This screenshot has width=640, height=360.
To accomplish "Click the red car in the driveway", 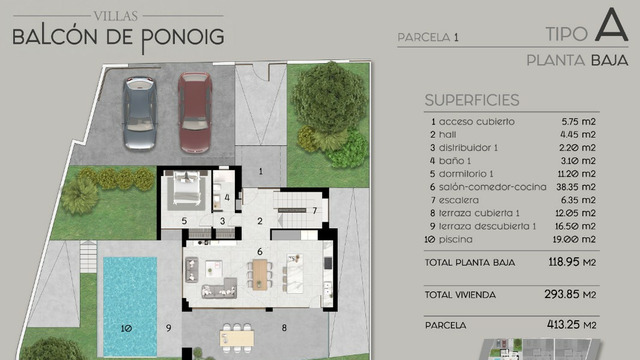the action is tap(195, 113).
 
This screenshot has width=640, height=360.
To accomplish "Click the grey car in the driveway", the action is tap(140, 113).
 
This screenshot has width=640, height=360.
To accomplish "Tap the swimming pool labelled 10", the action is tap(130, 306).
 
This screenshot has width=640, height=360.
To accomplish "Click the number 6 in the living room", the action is tap(260, 251).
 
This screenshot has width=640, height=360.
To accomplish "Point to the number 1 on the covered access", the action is tap(261, 171).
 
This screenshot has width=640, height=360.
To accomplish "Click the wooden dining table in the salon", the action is tap(260, 275).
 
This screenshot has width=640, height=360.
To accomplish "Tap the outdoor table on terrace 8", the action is tap(237, 338).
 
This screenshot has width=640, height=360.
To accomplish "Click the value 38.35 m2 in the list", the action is tap(576, 187).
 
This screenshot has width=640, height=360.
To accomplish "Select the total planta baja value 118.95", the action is tap(564, 262).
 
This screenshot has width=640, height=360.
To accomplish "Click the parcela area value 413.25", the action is tap(563, 324).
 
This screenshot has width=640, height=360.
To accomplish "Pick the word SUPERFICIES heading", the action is tap(472, 100).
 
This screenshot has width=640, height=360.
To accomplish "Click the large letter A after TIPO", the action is tap(611, 25).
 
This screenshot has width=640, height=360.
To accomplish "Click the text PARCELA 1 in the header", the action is tap(428, 38).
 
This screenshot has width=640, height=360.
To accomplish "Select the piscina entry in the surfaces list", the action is tap(455, 239).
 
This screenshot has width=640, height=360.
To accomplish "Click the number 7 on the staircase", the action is tap(315, 211).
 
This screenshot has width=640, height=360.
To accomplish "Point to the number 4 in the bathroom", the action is tap(227, 198).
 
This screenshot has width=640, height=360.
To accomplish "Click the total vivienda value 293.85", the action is tap(562, 294).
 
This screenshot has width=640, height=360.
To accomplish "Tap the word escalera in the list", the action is tap(458, 200).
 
